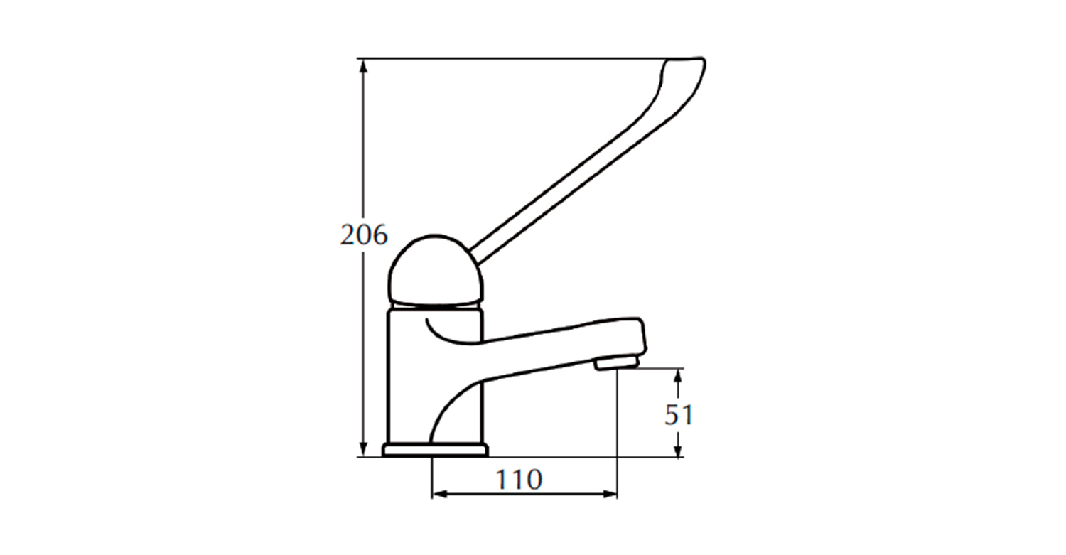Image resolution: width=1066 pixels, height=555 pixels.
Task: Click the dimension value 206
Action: pos(364,235)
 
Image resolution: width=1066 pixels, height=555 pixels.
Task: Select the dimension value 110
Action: pos(519,479)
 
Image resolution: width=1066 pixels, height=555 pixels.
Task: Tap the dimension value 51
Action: pos(679,414)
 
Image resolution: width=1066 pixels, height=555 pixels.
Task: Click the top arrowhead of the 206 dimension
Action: pos(364,66)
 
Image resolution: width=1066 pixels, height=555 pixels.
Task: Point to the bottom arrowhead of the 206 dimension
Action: pos(364,449)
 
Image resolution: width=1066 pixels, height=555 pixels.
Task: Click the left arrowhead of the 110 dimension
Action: pos(439,494)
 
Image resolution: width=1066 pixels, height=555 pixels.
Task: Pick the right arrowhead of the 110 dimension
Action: pos(610,494)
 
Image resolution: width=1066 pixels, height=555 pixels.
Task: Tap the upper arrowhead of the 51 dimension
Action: pos(679,376)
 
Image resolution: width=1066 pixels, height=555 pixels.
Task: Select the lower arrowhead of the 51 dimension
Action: pos(679,449)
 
